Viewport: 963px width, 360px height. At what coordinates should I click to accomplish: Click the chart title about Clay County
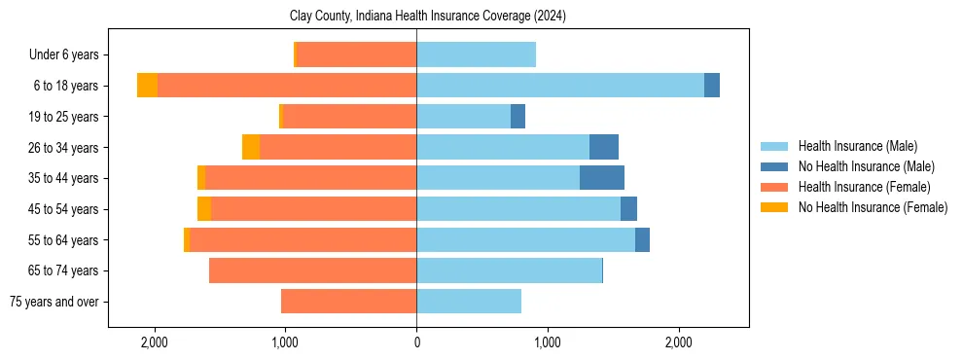pyautogui.click(x=428, y=17)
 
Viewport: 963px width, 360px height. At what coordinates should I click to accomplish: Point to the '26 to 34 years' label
pyautogui.click(x=63, y=148)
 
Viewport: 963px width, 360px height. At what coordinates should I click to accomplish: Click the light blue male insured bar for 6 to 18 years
pyautogui.click(x=559, y=86)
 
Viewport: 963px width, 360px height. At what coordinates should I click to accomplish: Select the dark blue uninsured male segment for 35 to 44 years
pyautogui.click(x=601, y=178)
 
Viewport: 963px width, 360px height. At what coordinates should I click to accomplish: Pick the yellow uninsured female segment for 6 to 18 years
pyautogui.click(x=147, y=86)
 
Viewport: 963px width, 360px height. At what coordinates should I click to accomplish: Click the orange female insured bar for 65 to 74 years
pyautogui.click(x=312, y=270)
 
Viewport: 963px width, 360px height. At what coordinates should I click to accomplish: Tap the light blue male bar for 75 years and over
pyautogui.click(x=468, y=302)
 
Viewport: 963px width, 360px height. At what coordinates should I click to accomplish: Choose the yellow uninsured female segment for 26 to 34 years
pyautogui.click(x=251, y=148)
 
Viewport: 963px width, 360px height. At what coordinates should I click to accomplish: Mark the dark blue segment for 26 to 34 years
pyautogui.click(x=603, y=148)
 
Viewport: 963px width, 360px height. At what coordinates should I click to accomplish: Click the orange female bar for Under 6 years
pyautogui.click(x=356, y=54)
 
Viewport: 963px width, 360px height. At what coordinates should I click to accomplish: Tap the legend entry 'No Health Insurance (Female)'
pyautogui.click(x=873, y=207)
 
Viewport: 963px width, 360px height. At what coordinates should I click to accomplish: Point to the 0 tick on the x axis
pyautogui.click(x=416, y=342)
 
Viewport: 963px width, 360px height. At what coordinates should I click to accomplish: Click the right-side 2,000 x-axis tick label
pyautogui.click(x=678, y=342)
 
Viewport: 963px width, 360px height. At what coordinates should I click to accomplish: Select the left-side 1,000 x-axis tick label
pyautogui.click(x=285, y=342)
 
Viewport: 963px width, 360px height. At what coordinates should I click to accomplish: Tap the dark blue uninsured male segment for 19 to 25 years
pyautogui.click(x=517, y=117)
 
